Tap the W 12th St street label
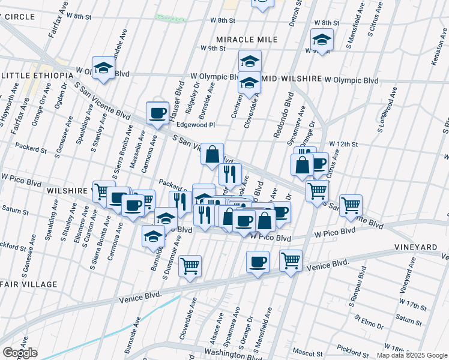pos(343,145)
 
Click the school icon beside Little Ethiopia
pos(103,68)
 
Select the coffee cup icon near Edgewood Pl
pos(158,113)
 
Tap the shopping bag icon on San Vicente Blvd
pos(212,154)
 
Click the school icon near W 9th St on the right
pos(322,40)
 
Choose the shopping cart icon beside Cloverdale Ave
pos(190,266)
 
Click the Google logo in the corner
pos(19,353)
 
